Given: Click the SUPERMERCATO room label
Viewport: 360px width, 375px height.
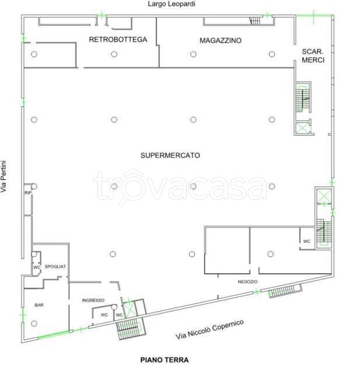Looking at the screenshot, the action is click(170, 155).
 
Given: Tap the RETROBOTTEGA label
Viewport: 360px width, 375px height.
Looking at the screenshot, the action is click(118, 40).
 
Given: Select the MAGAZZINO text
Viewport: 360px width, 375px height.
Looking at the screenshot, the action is click(221, 40).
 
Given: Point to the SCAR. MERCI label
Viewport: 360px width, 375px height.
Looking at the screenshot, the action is click(313, 55).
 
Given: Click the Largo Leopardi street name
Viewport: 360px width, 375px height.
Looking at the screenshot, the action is click(172, 4).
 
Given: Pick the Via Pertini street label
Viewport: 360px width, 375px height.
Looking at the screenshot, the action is click(4, 176).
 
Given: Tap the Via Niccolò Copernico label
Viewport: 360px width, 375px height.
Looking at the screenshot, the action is click(209, 329).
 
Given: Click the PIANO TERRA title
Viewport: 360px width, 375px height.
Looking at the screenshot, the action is click(165, 360).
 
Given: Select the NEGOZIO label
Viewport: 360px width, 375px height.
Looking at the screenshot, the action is click(247, 282).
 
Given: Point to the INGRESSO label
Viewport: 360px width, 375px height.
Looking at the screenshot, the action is click(93, 300).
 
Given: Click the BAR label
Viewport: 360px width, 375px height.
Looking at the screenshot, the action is click(39, 305).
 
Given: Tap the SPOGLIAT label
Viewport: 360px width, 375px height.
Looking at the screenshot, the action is click(55, 266).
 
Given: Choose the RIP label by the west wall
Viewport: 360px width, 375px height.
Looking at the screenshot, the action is click(27, 193).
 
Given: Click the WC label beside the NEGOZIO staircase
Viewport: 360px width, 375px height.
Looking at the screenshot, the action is click(307, 241).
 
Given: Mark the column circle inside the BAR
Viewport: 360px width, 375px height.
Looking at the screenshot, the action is click(34, 324).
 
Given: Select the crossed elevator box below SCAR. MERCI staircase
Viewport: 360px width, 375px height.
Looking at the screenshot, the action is click(302, 128).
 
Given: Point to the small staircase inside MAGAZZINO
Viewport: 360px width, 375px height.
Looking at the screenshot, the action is click(254, 21).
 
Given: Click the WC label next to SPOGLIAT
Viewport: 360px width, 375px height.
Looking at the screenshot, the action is click(37, 267).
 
